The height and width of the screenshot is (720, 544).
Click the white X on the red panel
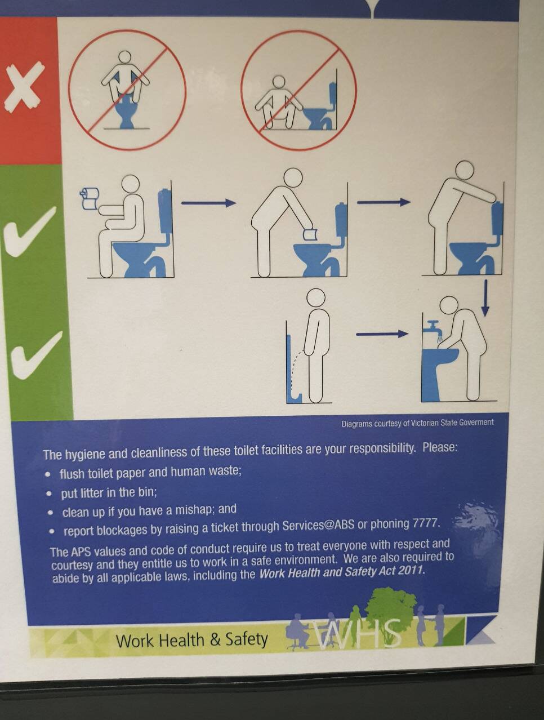coord(24,86)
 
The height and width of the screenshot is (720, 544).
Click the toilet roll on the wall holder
coord(90,199)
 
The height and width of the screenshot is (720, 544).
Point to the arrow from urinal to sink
coord(382,334)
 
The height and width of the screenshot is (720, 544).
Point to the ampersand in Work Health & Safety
coord(215,639)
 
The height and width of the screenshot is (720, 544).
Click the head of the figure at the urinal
coord(316,298)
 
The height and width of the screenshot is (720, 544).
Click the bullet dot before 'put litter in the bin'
coord(49,493)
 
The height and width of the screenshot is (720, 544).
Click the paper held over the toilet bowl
coord(310,234)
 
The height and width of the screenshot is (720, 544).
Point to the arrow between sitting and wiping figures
coord(209,203)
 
